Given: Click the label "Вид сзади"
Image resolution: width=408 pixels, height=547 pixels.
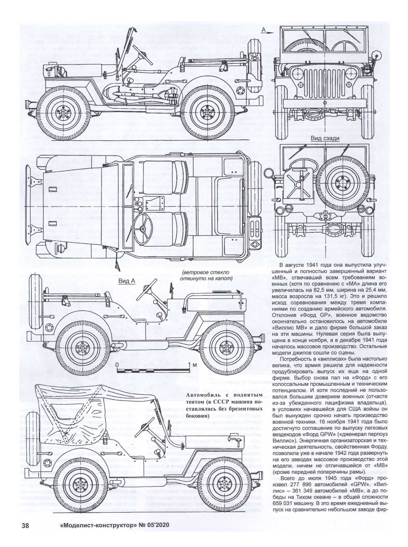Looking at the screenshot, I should click(325, 139).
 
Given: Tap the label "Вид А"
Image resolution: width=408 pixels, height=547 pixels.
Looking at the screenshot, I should click(126, 281).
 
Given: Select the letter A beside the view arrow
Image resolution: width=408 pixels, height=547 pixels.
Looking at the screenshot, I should click(264, 30).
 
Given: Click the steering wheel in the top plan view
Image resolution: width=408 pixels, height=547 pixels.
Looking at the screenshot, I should click(142, 229).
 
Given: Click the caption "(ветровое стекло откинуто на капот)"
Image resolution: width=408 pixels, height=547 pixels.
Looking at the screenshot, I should click(205, 275).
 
